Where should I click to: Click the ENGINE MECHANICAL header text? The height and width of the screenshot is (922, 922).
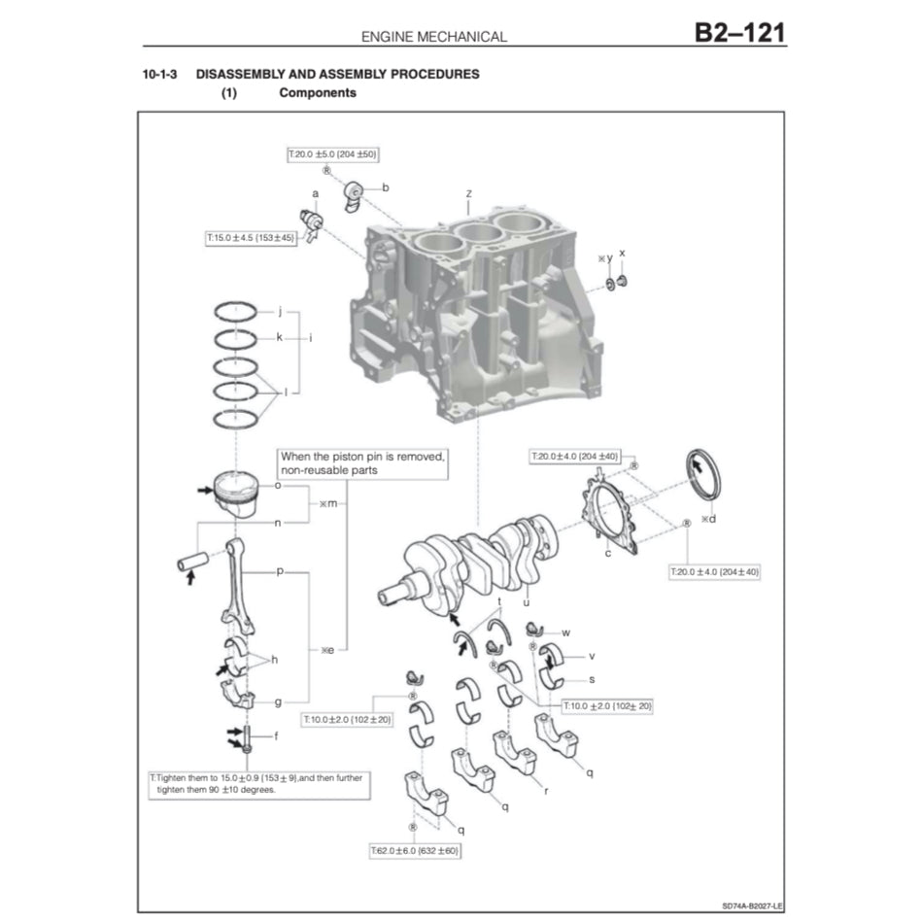[433, 37]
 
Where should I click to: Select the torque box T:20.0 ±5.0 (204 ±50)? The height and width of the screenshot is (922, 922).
[332, 154]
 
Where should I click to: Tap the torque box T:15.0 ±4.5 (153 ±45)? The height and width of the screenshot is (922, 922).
[251, 236]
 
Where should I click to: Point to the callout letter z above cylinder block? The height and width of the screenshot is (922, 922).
[468, 194]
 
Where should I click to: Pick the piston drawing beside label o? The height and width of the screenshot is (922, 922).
[236, 494]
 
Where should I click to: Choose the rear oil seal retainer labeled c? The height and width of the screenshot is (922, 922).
[610, 513]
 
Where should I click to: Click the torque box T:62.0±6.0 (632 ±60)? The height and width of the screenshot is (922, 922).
[414, 850]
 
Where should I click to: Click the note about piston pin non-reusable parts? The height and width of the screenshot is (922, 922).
[362, 462]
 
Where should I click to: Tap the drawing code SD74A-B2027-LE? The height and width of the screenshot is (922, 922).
[753, 903]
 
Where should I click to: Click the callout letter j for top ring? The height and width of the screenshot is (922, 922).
[279, 312]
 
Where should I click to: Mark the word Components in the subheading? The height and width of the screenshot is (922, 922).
[317, 93]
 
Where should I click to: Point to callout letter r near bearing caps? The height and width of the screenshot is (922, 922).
[546, 791]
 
